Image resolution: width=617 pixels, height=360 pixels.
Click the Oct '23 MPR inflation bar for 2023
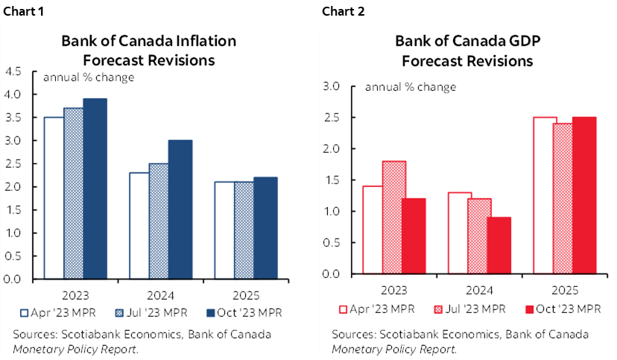pyautogui.click(x=95, y=189)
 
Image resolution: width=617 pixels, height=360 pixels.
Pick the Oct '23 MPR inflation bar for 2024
pyautogui.click(x=180, y=209)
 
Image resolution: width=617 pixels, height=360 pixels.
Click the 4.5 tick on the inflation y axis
pyautogui.click(x=13, y=72)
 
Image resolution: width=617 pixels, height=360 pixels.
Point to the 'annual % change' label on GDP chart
pyautogui.click(x=410, y=87)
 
